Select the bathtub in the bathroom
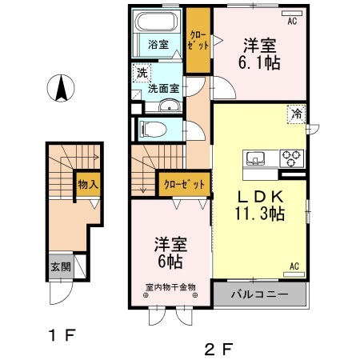(156, 22)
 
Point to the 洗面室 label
(164, 88)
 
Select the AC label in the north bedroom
(292, 22)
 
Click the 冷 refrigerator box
(296, 114)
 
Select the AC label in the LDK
(294, 266)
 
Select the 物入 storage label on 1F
(88, 185)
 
